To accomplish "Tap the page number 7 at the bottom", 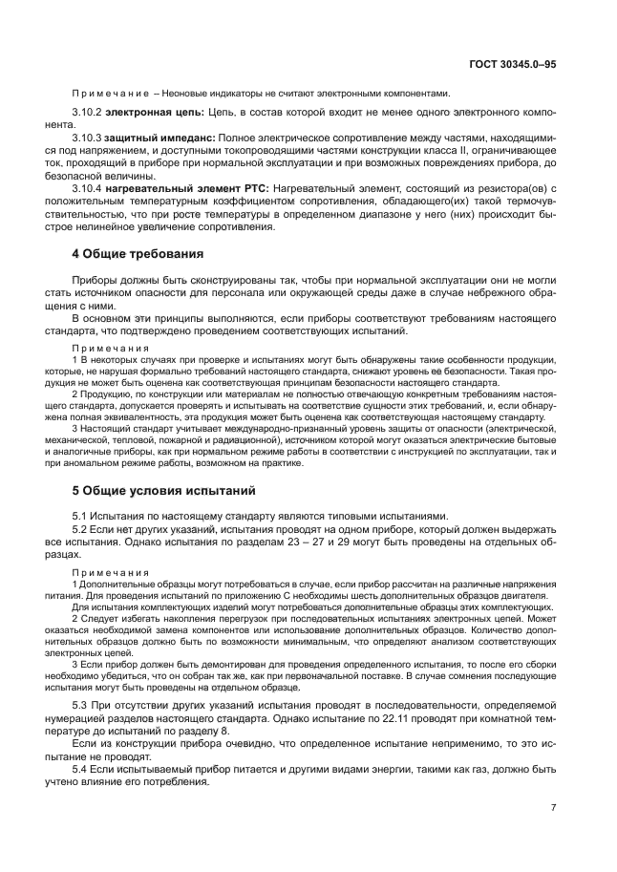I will click(x=553, y=807).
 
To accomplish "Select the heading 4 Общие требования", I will click(x=138, y=254).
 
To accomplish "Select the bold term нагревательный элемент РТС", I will click(x=187, y=189).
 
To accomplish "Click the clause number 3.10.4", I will click(x=89, y=189).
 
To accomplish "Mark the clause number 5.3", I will click(x=81, y=705).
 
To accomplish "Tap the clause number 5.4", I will click(x=81, y=767).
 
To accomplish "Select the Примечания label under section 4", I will click(x=111, y=349).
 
